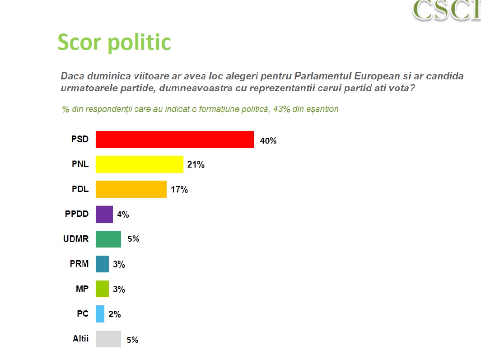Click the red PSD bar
174,140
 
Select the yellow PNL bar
139,164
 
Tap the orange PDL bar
131,189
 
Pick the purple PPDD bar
104,214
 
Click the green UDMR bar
108,239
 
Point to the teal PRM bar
102,264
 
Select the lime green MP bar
102,289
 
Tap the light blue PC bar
100,314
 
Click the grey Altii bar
108,339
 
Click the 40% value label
268,141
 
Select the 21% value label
196,165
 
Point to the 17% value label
179,190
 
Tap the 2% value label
115,314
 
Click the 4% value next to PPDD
123,215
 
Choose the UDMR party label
76,239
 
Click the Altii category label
81,338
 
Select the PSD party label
80,139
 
